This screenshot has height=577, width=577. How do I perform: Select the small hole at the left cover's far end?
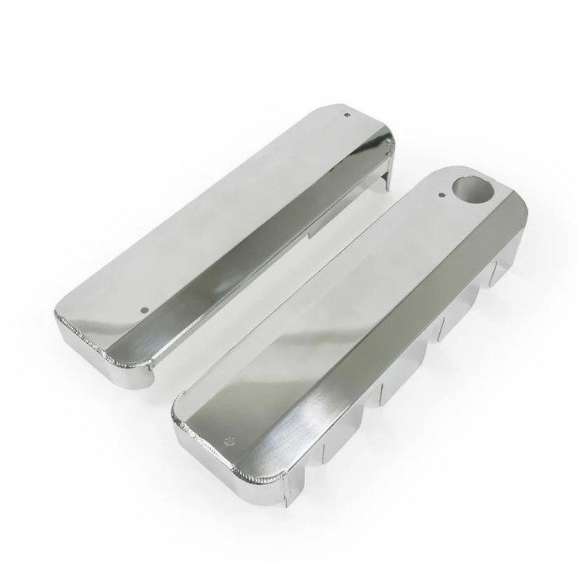tap(346, 114)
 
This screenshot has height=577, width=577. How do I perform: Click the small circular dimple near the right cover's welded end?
tap(229, 440)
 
